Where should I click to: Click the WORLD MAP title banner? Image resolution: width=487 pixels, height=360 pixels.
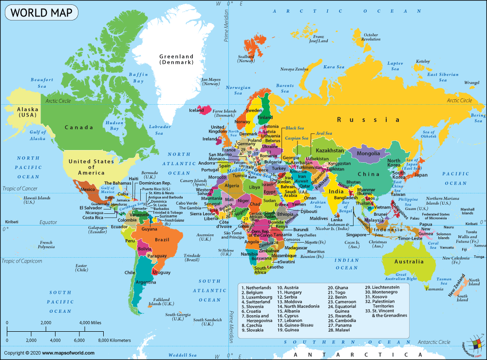[41, 12]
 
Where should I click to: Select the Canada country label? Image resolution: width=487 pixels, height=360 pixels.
[78, 128]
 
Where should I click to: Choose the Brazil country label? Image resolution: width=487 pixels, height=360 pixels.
[162, 239]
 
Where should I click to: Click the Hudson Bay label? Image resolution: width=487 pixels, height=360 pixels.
[115, 126]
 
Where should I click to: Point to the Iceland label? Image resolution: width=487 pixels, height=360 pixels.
[196, 111]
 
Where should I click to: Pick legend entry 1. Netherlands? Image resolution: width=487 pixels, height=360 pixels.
[257, 288]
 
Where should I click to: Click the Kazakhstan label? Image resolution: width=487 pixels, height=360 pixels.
[330, 151]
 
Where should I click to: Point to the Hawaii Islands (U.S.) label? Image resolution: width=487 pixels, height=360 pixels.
[37, 200]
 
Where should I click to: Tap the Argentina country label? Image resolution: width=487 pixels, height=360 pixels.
[146, 283]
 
